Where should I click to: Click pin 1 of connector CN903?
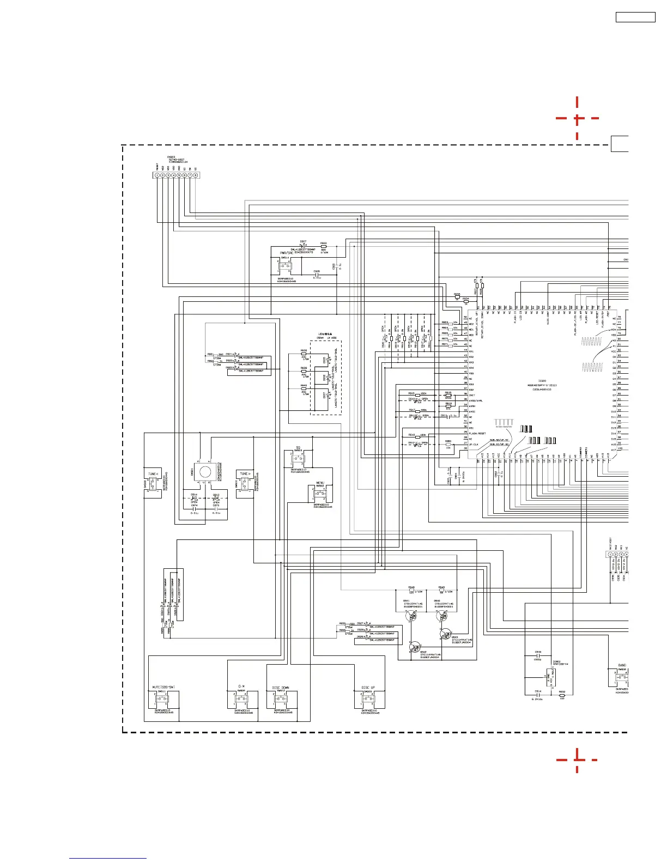pyautogui.click(x=157, y=175)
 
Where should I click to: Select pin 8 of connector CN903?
pyautogui.click(x=195, y=175)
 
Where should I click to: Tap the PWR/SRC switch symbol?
pyautogui.click(x=286, y=266)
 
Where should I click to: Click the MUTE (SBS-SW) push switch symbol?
pyautogui.click(x=161, y=699)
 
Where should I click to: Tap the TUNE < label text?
pyautogui.click(x=153, y=474)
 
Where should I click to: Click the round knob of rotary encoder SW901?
pyautogui.click(x=205, y=471)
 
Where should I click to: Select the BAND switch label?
pyautogui.click(x=622, y=665)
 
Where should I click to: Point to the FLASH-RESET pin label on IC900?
pyautogui.click(x=478, y=434)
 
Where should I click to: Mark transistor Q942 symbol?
pyautogui.click(x=416, y=647)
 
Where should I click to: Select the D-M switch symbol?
pyautogui.click(x=241, y=699)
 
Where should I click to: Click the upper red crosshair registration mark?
pyautogui.click(x=577, y=118)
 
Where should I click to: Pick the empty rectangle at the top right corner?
pyautogui.click(x=635, y=17)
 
